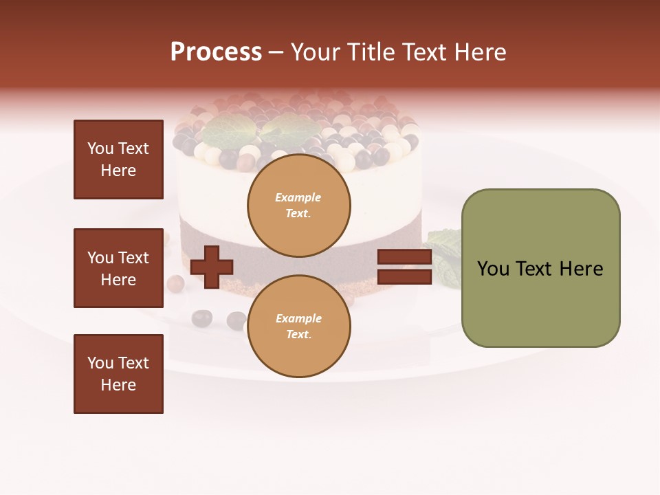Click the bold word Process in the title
click(216, 52)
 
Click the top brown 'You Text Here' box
click(118, 159)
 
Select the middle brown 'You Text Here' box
click(118, 268)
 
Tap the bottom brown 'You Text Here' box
click(118, 374)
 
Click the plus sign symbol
click(212, 267)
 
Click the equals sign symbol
click(404, 267)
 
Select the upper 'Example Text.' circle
click(298, 205)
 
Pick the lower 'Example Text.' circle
click(298, 326)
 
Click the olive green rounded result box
click(540, 268)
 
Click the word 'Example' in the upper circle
click(298, 197)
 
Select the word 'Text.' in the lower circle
click(298, 334)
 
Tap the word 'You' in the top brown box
click(100, 148)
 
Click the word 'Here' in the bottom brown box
click(118, 385)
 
